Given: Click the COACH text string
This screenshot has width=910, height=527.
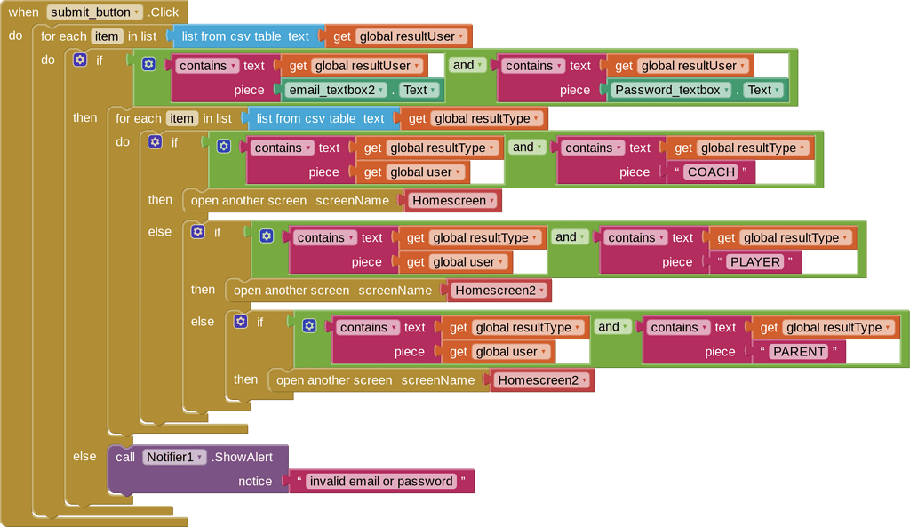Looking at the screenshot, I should (712, 172).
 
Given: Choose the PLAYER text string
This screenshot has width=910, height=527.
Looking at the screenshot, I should (755, 262).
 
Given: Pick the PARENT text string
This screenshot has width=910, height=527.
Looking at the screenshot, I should (799, 352).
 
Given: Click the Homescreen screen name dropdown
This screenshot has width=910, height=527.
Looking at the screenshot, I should (454, 201).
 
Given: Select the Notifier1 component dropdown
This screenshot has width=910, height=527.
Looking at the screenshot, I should (174, 458).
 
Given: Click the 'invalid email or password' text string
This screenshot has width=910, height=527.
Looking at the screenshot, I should (380, 482).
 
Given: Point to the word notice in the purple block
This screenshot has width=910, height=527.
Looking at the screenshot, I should (255, 482).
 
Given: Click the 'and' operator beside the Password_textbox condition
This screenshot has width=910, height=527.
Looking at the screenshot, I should (468, 65).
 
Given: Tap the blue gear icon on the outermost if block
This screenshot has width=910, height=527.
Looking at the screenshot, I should (81, 60).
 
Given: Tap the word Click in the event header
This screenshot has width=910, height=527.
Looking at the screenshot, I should (164, 12).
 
